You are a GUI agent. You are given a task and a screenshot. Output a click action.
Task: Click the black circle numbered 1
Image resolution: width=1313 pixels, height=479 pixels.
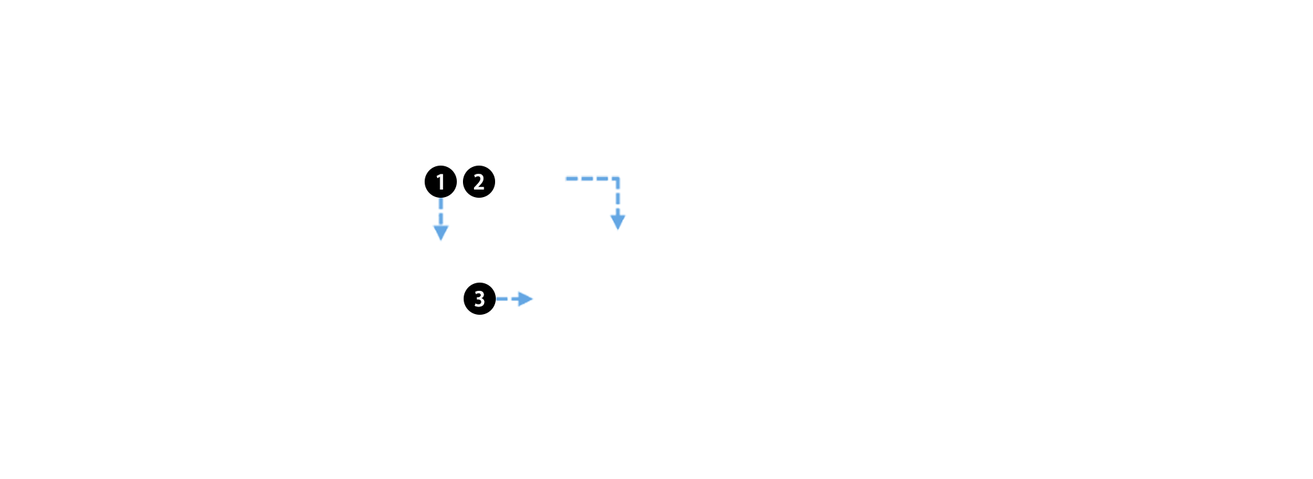[440, 181]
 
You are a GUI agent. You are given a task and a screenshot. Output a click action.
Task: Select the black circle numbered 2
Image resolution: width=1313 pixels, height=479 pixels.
[479, 181]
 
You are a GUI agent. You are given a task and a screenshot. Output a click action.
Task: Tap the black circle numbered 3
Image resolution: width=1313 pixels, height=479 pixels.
[479, 298]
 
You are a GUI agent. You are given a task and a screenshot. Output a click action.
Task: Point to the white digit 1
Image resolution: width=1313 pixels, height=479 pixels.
[440, 181]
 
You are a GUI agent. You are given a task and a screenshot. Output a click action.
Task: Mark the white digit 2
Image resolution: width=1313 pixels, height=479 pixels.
[479, 181]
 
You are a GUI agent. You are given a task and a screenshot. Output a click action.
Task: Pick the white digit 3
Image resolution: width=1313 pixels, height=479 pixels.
[479, 298]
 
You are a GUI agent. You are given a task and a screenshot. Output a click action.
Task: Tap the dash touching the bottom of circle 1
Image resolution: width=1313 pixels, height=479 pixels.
[441, 203]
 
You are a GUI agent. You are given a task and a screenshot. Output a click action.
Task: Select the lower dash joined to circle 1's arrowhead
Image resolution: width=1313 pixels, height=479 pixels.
[441, 220]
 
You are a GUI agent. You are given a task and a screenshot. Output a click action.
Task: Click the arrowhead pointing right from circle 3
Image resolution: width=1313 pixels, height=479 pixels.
[525, 299]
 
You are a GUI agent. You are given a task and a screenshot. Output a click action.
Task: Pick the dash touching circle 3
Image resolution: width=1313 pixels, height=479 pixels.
[502, 299]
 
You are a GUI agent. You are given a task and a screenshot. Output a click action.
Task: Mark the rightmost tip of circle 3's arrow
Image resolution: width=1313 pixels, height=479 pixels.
[533, 299]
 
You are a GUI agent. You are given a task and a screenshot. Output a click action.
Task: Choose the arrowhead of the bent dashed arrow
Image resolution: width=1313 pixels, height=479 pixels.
[618, 222]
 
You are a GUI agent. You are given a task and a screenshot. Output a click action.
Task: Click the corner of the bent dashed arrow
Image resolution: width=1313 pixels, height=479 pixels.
[618, 179]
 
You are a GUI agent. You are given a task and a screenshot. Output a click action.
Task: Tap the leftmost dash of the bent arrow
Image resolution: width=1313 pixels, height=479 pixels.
[572, 179]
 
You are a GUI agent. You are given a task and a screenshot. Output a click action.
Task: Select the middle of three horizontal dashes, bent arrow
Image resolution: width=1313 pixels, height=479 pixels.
[588, 179]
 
